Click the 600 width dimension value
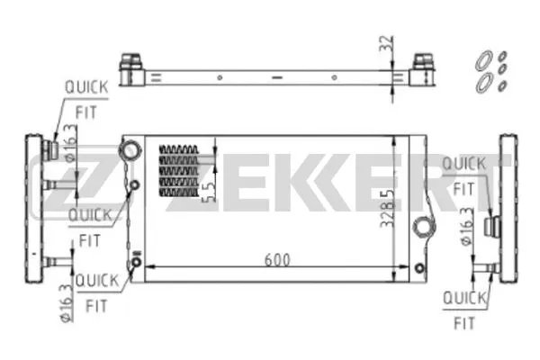pos(277,259)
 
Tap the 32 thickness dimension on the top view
pos(387,42)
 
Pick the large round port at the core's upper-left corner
pos(131,149)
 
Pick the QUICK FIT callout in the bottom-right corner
pos(464,308)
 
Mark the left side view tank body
pos(33,207)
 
